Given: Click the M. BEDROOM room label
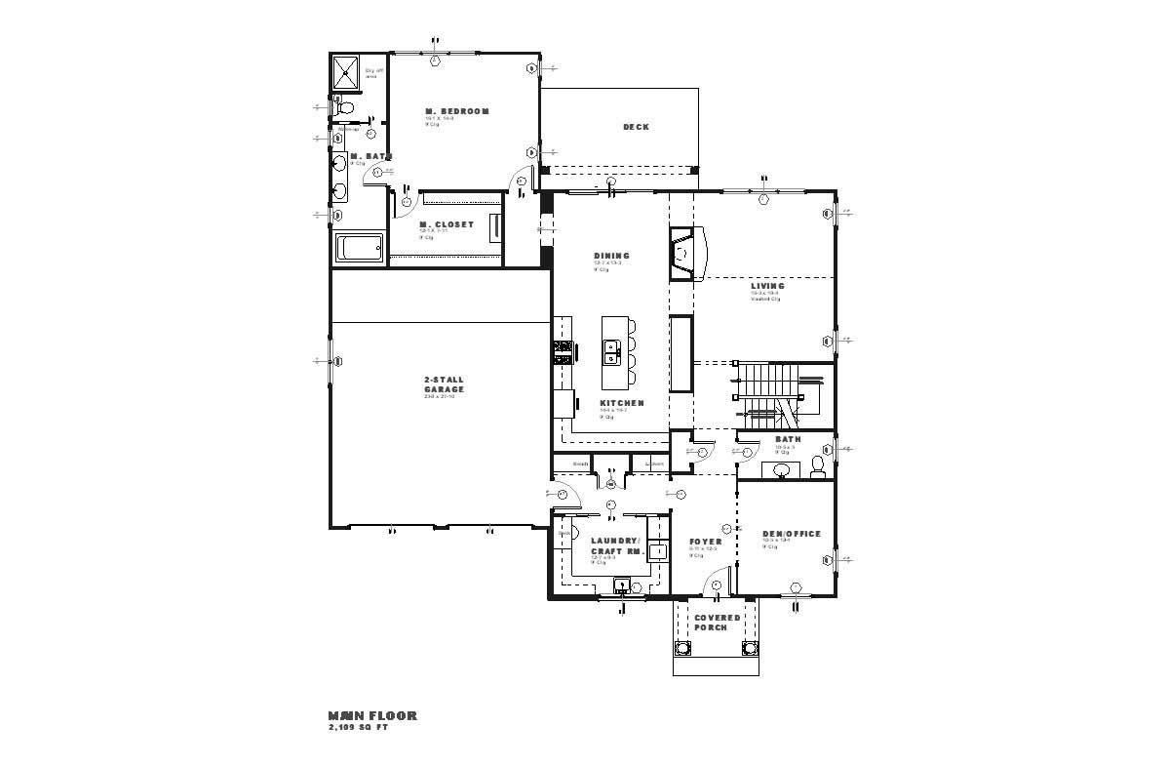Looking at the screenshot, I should coord(456,111).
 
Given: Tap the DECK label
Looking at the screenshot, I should coord(636,127).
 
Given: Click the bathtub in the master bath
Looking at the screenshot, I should coord(361,248).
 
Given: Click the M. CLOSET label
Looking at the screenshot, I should coord(440,224).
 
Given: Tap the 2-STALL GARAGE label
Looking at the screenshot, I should coord(444,384).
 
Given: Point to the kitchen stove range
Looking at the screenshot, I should coord(563,351).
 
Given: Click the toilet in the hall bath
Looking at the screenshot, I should coord(817,465).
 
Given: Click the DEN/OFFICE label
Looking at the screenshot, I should coord(791,534).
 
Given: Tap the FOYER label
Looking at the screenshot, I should coord(705,542).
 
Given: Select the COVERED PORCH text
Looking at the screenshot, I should coord(717,622).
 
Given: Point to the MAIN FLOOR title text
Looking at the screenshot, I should coord(372,715).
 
